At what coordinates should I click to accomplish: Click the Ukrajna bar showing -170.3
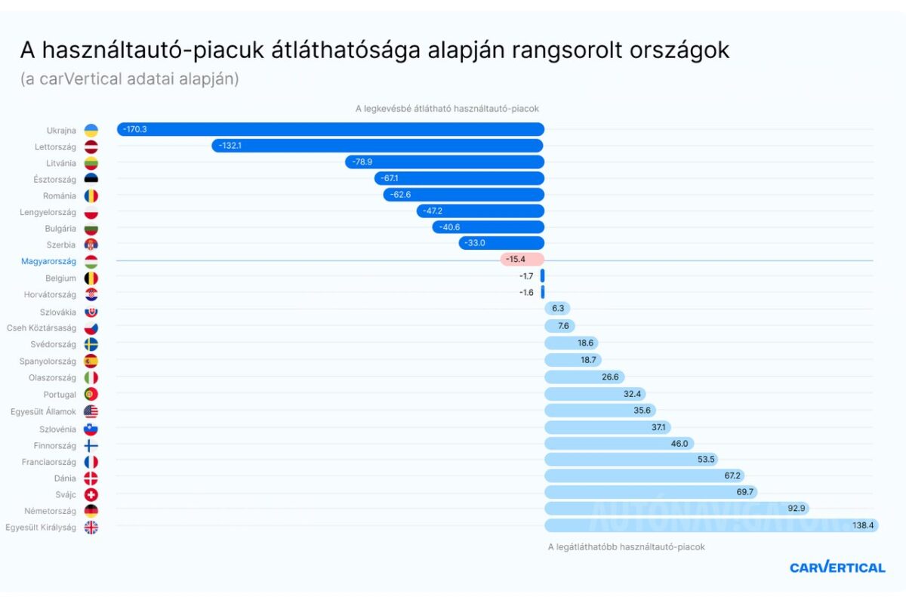(331, 130)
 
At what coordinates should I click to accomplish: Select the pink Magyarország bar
(522, 260)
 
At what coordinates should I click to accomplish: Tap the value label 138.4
(862, 525)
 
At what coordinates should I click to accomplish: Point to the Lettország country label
(55, 146)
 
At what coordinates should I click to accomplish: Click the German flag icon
(91, 511)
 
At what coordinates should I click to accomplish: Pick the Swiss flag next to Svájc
(91, 494)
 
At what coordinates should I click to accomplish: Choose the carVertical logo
(837, 568)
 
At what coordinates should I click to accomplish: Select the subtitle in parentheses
(130, 78)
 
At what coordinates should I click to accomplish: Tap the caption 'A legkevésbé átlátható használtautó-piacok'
(447, 109)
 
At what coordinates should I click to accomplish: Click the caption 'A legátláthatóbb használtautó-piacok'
(626, 547)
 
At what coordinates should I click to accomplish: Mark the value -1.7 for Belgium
(526, 276)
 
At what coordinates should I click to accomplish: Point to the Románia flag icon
(91, 196)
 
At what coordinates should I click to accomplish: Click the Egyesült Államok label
(44, 411)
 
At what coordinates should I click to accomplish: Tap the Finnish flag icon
(91, 445)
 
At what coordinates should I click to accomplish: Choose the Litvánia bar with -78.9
(445, 162)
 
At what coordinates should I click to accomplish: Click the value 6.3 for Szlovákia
(558, 309)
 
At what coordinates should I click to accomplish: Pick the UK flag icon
(91, 528)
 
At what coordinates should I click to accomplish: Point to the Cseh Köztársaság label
(42, 328)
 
